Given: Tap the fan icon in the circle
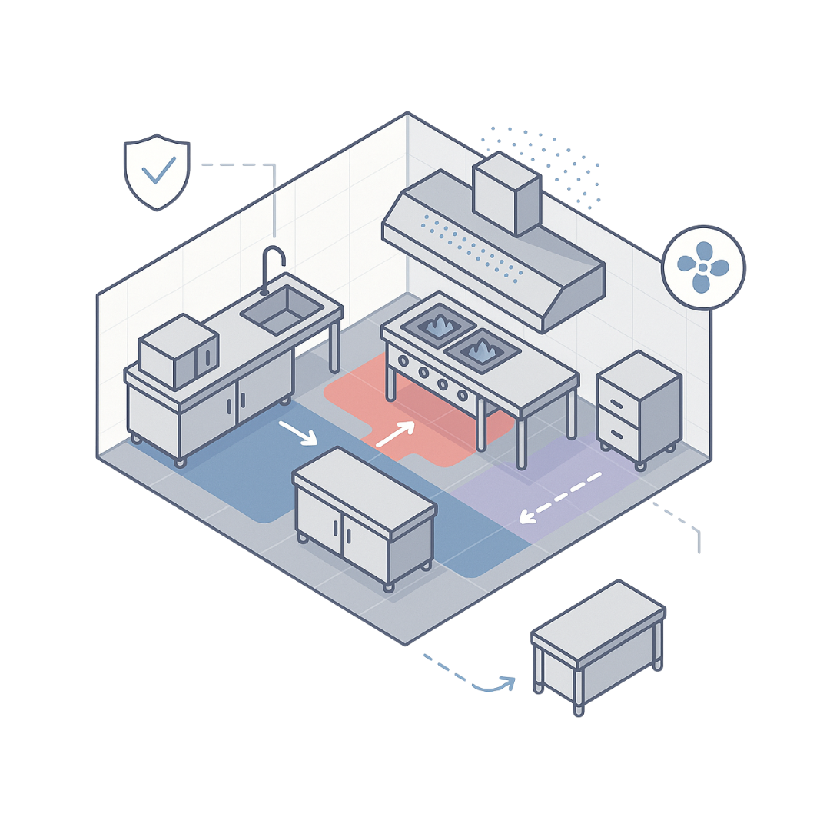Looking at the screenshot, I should [x=703, y=267].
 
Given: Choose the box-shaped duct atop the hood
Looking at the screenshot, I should [x=505, y=193].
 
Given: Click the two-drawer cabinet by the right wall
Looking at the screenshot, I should [x=639, y=407].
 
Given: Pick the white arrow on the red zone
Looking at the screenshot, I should [x=395, y=433].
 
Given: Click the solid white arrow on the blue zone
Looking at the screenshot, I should [x=297, y=433].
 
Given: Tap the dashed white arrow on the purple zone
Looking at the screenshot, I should [x=561, y=496].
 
